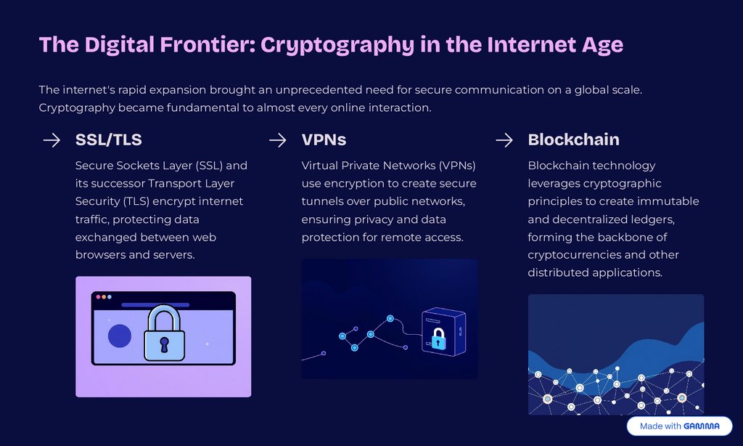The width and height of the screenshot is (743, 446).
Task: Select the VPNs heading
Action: tap(324, 139)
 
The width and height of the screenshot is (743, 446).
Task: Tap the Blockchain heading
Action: tap(573, 139)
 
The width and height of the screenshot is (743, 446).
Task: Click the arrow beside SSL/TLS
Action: tap(52, 140)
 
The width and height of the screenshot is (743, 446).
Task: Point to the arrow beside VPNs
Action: tap(278, 140)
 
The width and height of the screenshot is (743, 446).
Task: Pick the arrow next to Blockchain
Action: tap(504, 140)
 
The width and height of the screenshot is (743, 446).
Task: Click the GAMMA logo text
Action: tap(701, 426)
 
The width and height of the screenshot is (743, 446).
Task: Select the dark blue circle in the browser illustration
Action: tap(120, 336)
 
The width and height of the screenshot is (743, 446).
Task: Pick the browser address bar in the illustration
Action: tap(155, 305)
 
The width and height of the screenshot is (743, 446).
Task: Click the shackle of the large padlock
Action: tap(164, 317)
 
